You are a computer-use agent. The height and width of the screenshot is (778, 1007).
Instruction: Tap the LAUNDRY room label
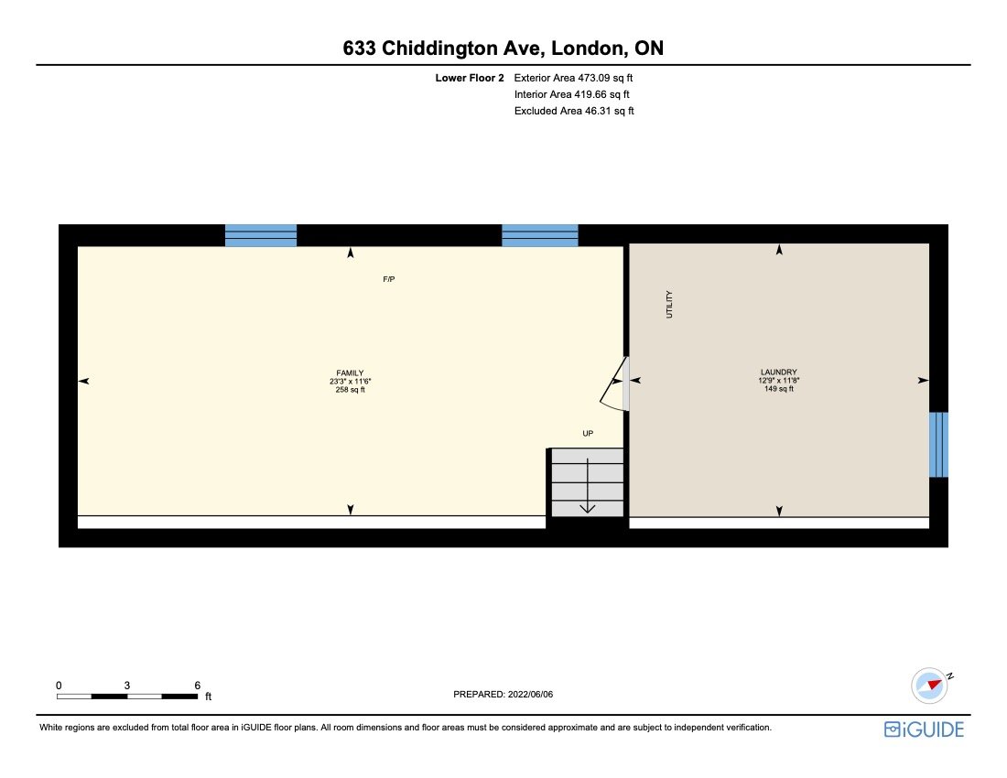pos(778,372)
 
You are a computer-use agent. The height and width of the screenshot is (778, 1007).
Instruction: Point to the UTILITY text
pos(669,304)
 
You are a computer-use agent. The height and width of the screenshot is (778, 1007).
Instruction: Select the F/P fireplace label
pos(389,278)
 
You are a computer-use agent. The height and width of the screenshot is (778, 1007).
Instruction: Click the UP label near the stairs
pos(588,433)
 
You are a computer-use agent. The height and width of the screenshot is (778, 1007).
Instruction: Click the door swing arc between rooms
pos(612,388)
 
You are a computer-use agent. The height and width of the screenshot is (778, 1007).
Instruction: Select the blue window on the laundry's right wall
pos(938,445)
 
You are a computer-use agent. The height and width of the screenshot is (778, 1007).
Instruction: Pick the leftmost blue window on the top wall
pos(261,235)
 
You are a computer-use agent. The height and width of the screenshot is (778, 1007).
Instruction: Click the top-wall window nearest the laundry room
pos(540,235)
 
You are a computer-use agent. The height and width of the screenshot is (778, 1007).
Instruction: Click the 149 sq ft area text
pos(778,389)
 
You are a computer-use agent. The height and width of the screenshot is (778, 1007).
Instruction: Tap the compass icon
pos(930,685)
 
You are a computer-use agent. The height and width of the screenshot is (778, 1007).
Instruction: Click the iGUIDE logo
pos(924,729)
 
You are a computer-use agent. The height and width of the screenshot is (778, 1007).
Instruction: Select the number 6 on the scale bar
pos(197,685)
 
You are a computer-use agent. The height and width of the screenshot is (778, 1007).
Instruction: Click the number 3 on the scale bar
pos(127,685)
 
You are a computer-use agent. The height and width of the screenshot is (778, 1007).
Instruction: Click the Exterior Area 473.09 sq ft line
pos(574,78)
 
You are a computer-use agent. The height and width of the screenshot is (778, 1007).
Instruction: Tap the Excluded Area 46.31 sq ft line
pos(574,111)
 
